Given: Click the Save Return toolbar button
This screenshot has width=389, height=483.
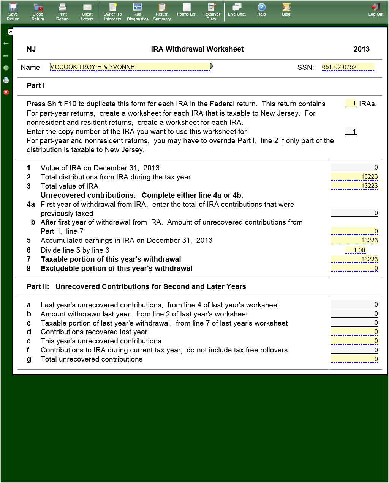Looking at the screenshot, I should point(13,12).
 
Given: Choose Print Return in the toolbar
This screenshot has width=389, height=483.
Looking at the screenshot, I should point(62,12).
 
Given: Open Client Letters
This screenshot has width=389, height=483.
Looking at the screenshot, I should point(87,12).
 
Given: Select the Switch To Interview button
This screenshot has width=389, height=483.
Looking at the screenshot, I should point(112,12).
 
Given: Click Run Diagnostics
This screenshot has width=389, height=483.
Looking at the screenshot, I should point(138,12).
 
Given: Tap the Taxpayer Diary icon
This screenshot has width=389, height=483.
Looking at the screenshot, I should point(211,12).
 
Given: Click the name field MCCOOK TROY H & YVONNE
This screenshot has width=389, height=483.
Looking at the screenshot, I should point(129,67).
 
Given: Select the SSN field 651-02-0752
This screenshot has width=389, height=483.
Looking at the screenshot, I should point(347,67).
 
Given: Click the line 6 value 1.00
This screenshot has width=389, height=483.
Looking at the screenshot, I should point(356,250).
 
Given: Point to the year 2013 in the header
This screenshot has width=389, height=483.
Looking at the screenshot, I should point(361,49).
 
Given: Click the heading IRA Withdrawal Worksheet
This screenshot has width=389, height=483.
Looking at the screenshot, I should point(197,49).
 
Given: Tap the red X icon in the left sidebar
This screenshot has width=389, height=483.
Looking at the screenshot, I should point(6,92).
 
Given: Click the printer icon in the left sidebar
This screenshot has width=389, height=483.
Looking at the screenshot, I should point(6,80).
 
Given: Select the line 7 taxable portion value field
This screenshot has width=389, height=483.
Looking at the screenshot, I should point(354,260).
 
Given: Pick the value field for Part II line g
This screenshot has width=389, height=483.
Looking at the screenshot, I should point(354,359).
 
